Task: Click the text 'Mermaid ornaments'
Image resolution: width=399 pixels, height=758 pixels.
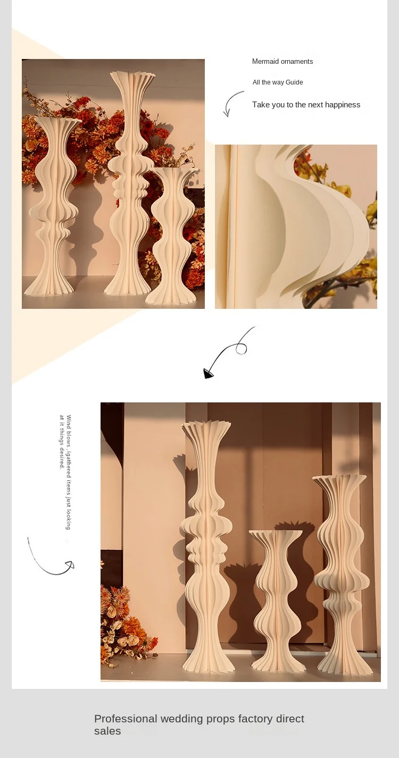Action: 282,62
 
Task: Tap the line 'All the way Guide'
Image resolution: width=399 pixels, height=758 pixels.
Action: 278,82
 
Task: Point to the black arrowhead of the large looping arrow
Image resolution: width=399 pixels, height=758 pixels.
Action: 208,374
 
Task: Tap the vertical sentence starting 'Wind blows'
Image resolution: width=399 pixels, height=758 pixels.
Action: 65,471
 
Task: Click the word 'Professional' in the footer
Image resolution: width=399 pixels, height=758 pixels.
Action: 126,719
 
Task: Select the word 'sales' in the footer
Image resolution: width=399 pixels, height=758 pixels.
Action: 107,731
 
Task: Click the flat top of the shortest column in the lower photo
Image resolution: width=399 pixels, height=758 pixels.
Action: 275,533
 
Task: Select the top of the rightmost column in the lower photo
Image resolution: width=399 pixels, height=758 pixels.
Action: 339,479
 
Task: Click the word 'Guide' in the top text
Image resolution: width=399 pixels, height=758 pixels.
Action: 294,82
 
